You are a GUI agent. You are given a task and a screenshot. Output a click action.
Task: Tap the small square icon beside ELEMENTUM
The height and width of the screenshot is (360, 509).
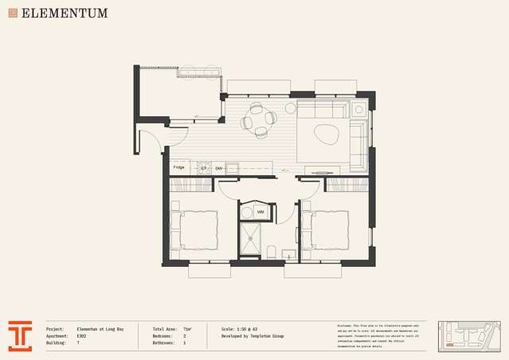[12, 14]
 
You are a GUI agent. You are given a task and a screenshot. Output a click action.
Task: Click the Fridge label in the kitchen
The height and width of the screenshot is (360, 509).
[179, 167]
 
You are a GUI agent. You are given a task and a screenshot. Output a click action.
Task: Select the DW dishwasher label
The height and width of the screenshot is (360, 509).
[218, 168]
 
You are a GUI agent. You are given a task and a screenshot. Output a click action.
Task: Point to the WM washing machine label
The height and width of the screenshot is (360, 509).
[260, 212]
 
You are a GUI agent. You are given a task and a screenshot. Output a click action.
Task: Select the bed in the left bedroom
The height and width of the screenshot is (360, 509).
[194, 229]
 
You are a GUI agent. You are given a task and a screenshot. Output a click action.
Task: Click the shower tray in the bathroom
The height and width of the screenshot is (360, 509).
[251, 237]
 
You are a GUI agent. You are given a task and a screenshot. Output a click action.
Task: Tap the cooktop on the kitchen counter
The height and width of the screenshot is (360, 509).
[203, 168]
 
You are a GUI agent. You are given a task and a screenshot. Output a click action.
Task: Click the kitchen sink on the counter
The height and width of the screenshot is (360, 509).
[233, 168]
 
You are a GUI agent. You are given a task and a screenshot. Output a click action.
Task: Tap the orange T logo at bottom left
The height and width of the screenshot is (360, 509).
[21, 335]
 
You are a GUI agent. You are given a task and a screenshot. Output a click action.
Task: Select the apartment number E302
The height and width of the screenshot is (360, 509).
[82, 335]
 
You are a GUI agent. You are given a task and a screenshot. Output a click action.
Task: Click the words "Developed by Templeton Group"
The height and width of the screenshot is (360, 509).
[253, 336]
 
